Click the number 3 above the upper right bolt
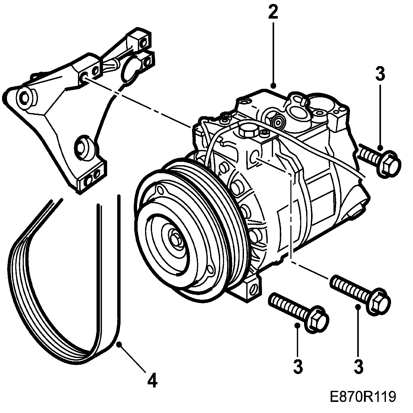380,74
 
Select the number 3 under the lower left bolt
298,366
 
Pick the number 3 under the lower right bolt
359,366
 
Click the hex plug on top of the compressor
248,131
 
